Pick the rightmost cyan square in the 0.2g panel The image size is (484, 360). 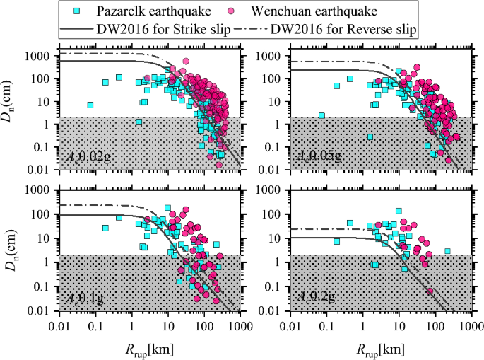point(447,251)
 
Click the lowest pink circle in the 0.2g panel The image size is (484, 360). point(430,291)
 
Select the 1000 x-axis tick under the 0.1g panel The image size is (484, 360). point(241,326)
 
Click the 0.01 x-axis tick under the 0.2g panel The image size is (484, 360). point(290,326)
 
